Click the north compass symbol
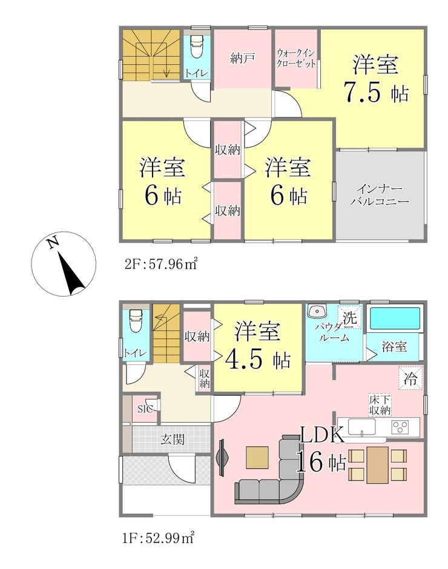click(64, 264)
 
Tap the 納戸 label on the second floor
click(242, 58)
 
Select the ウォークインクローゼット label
click(295, 59)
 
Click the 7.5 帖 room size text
click(376, 93)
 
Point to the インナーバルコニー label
click(380, 196)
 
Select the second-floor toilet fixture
click(196, 46)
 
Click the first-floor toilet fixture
click(135, 320)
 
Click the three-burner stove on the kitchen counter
click(400, 426)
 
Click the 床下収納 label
click(380, 406)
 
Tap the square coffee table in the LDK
click(257, 457)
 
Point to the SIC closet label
click(145, 409)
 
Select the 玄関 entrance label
click(173, 439)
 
